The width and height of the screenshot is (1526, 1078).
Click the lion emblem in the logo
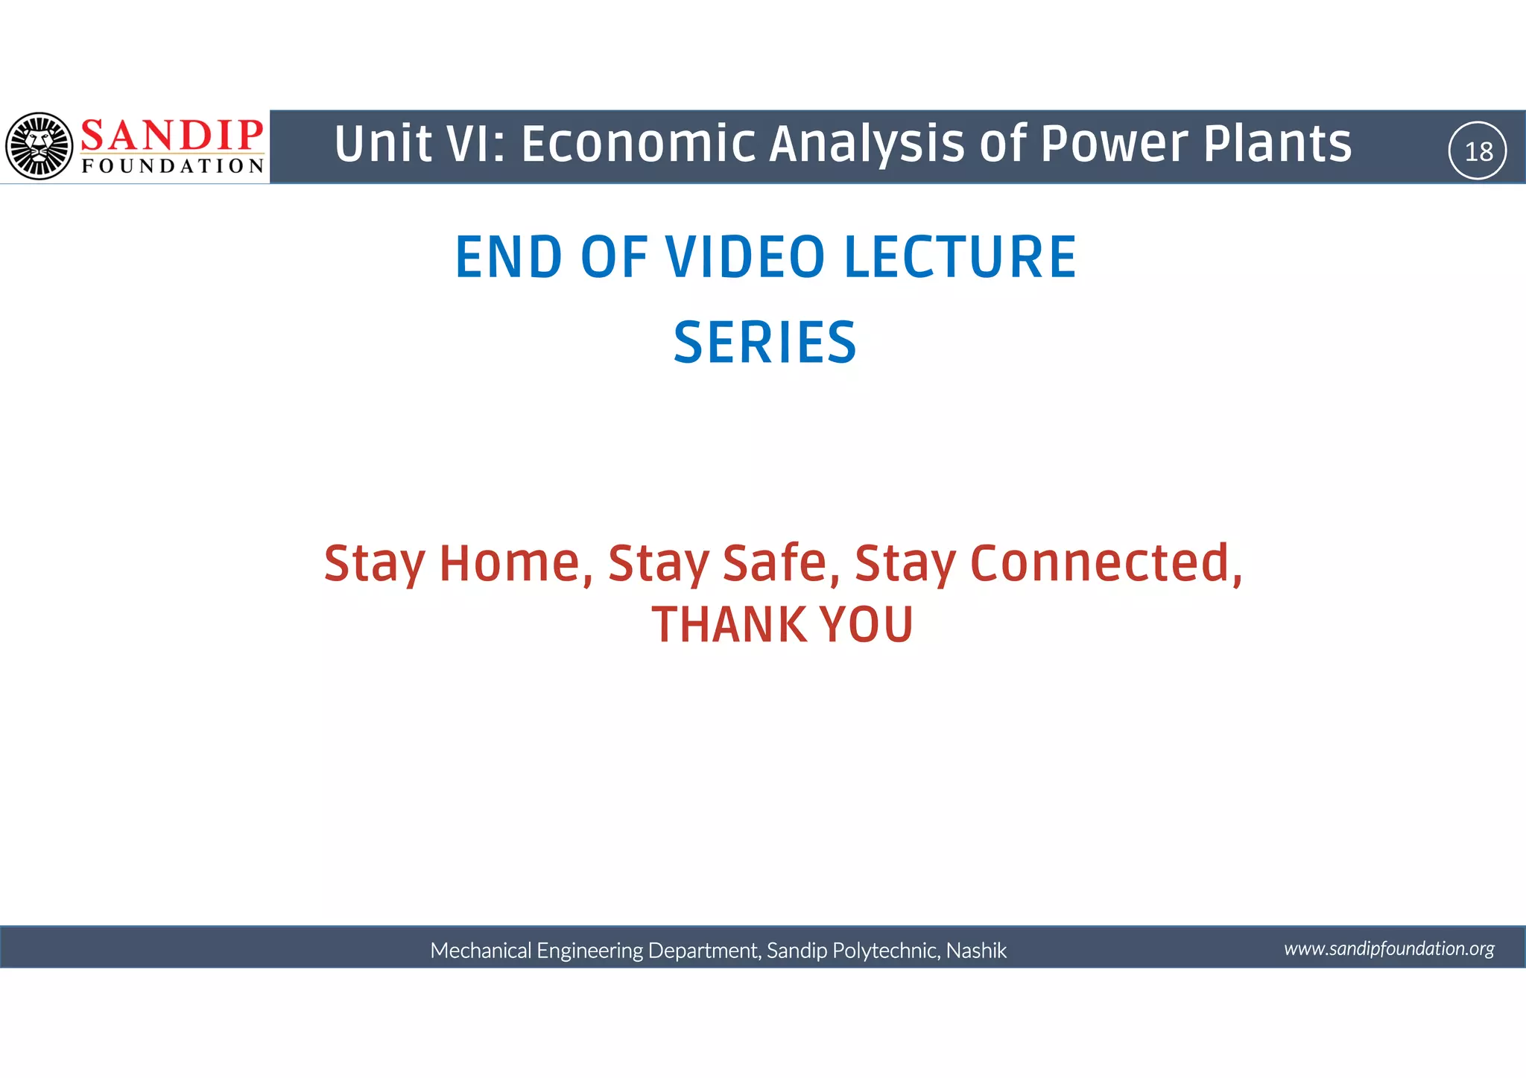pos(39,146)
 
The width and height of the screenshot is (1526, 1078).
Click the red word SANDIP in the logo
pos(172,136)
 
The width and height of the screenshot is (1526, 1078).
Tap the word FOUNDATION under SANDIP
pos(173,166)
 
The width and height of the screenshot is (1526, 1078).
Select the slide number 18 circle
pos(1478,151)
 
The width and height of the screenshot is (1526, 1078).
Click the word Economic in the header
pos(638,144)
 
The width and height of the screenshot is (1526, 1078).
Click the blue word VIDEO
pos(745,257)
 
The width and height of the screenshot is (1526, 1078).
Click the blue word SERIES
pos(765,343)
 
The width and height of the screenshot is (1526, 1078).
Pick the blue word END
pos(509,257)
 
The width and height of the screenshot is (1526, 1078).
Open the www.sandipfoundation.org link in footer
pos(1389,948)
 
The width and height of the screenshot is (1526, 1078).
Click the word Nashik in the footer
pos(976,951)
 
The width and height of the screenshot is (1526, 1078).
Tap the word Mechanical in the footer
pos(481,951)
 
